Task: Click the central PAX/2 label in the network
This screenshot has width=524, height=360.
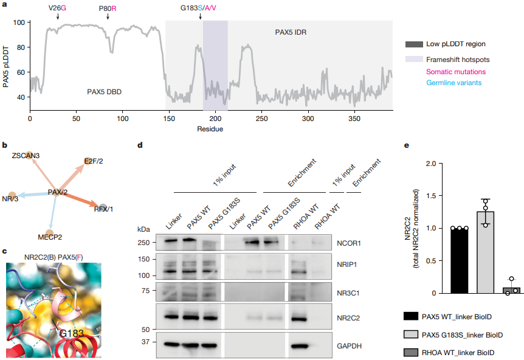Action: (58, 192)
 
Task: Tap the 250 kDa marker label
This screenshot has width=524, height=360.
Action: (142, 242)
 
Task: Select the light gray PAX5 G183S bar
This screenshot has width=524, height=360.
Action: (485, 252)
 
